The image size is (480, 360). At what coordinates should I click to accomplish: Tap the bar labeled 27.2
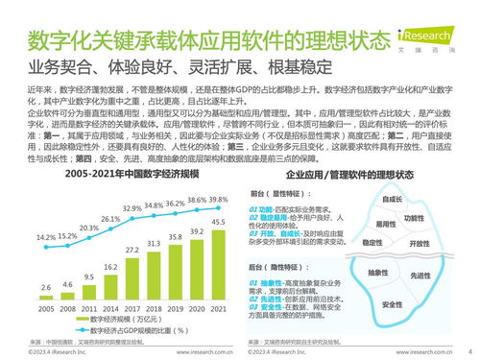tap(132, 275)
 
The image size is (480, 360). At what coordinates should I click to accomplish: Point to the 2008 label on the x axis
tap(66, 309)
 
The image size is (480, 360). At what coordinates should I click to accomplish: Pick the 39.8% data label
tap(220, 199)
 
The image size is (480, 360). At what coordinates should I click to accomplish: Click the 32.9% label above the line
tap(132, 208)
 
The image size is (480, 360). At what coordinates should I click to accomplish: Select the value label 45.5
tap(220, 222)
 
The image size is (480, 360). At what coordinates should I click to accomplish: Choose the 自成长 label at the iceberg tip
tap(391, 200)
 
